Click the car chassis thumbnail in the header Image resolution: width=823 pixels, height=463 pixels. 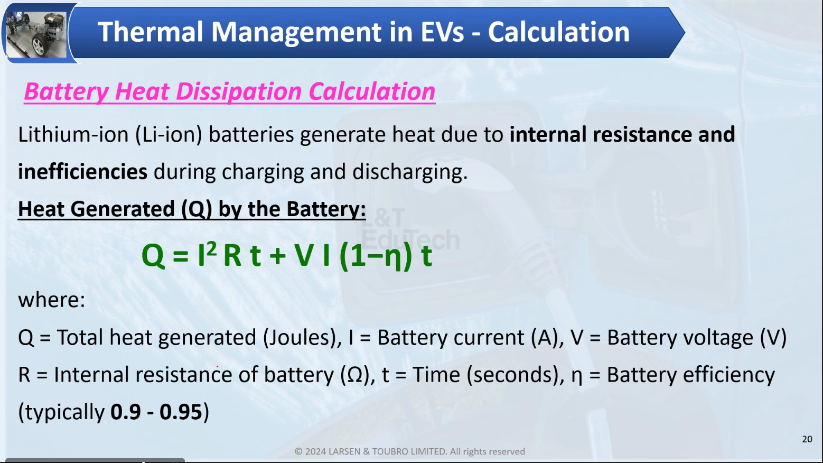[x=36, y=34]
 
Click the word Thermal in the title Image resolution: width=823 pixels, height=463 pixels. [x=150, y=32]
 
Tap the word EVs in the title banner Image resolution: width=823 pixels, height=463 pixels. [x=442, y=32]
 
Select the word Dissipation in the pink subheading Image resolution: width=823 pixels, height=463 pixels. [x=239, y=91]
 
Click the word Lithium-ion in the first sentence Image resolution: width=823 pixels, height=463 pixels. [x=73, y=134]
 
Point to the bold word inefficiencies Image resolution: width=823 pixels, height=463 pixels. [x=82, y=172]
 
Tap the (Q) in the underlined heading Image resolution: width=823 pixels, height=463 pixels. [x=197, y=209]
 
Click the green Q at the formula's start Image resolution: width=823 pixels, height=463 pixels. [x=153, y=256]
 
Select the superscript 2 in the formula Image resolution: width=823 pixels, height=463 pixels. [x=211, y=249]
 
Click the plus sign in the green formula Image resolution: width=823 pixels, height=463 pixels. [x=277, y=256]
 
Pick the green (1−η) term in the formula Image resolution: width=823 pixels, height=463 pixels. [x=376, y=256]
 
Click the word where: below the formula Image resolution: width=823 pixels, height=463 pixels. [x=51, y=300]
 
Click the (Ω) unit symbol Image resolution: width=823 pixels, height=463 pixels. [x=355, y=375]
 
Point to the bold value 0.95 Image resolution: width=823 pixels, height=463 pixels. [x=181, y=412]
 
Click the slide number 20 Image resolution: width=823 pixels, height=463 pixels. [x=807, y=439]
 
